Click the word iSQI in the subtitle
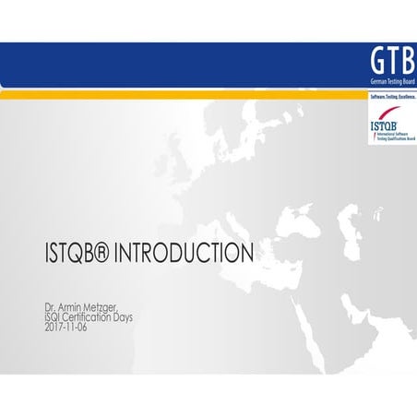tap(54, 316)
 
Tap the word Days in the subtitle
tap(139, 316)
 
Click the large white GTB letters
tap(390, 61)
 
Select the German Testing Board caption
tap(390, 82)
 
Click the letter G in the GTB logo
tap(376, 61)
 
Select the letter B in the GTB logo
tap(406, 61)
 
